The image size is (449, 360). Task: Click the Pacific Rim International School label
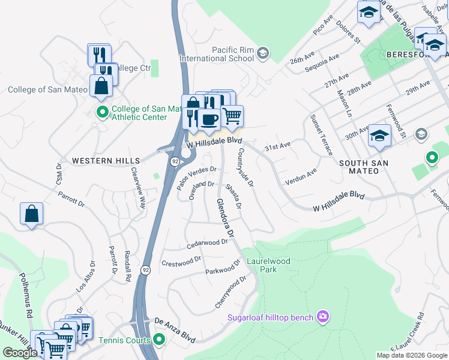click(x=215, y=54)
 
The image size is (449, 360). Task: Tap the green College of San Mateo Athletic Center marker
click(x=102, y=112)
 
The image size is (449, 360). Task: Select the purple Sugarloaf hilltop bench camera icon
click(x=324, y=316)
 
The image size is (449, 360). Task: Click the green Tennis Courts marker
click(x=159, y=340)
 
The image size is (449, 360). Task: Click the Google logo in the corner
click(x=19, y=353)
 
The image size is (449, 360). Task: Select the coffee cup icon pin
click(x=208, y=119)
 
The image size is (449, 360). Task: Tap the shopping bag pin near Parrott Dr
click(x=31, y=214)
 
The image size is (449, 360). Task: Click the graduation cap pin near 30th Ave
click(x=379, y=136)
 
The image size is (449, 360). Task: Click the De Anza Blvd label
click(x=175, y=331)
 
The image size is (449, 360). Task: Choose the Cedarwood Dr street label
click(x=207, y=243)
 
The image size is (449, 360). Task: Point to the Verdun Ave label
click(x=301, y=177)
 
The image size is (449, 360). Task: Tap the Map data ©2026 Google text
click(x=411, y=355)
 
